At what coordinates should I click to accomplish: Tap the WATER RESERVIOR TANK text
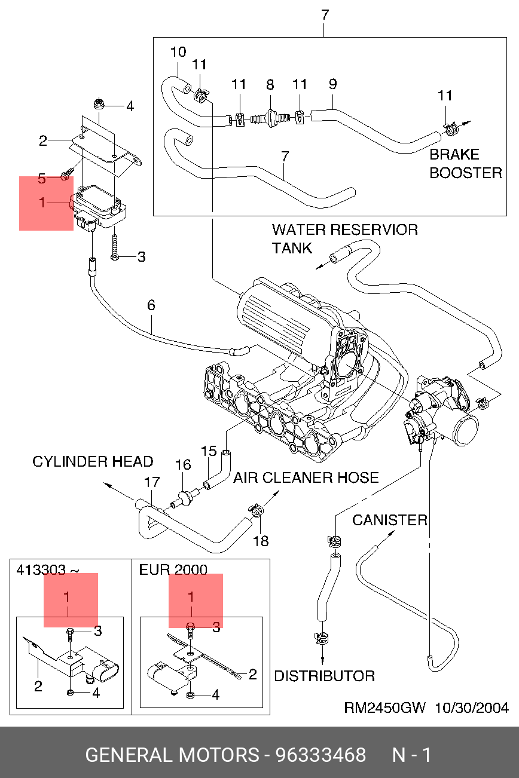(344, 238)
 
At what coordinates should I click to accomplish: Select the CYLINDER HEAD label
(93, 462)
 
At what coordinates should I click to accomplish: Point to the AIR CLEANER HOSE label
(306, 478)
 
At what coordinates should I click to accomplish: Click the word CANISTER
(389, 520)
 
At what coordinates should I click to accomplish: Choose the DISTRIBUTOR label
(324, 676)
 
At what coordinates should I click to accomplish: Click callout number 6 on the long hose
(151, 305)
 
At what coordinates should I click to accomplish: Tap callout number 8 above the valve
(270, 84)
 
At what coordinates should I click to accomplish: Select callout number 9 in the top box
(332, 84)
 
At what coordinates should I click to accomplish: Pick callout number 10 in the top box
(178, 52)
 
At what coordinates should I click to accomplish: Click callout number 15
(208, 451)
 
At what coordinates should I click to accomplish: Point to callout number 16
(183, 464)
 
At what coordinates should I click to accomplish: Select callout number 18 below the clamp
(261, 541)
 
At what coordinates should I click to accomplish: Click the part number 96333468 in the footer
(320, 755)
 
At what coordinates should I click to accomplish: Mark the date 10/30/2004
(471, 708)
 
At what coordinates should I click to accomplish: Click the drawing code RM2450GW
(384, 708)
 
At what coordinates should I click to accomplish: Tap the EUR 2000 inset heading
(173, 569)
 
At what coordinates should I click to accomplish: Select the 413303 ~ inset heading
(47, 569)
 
